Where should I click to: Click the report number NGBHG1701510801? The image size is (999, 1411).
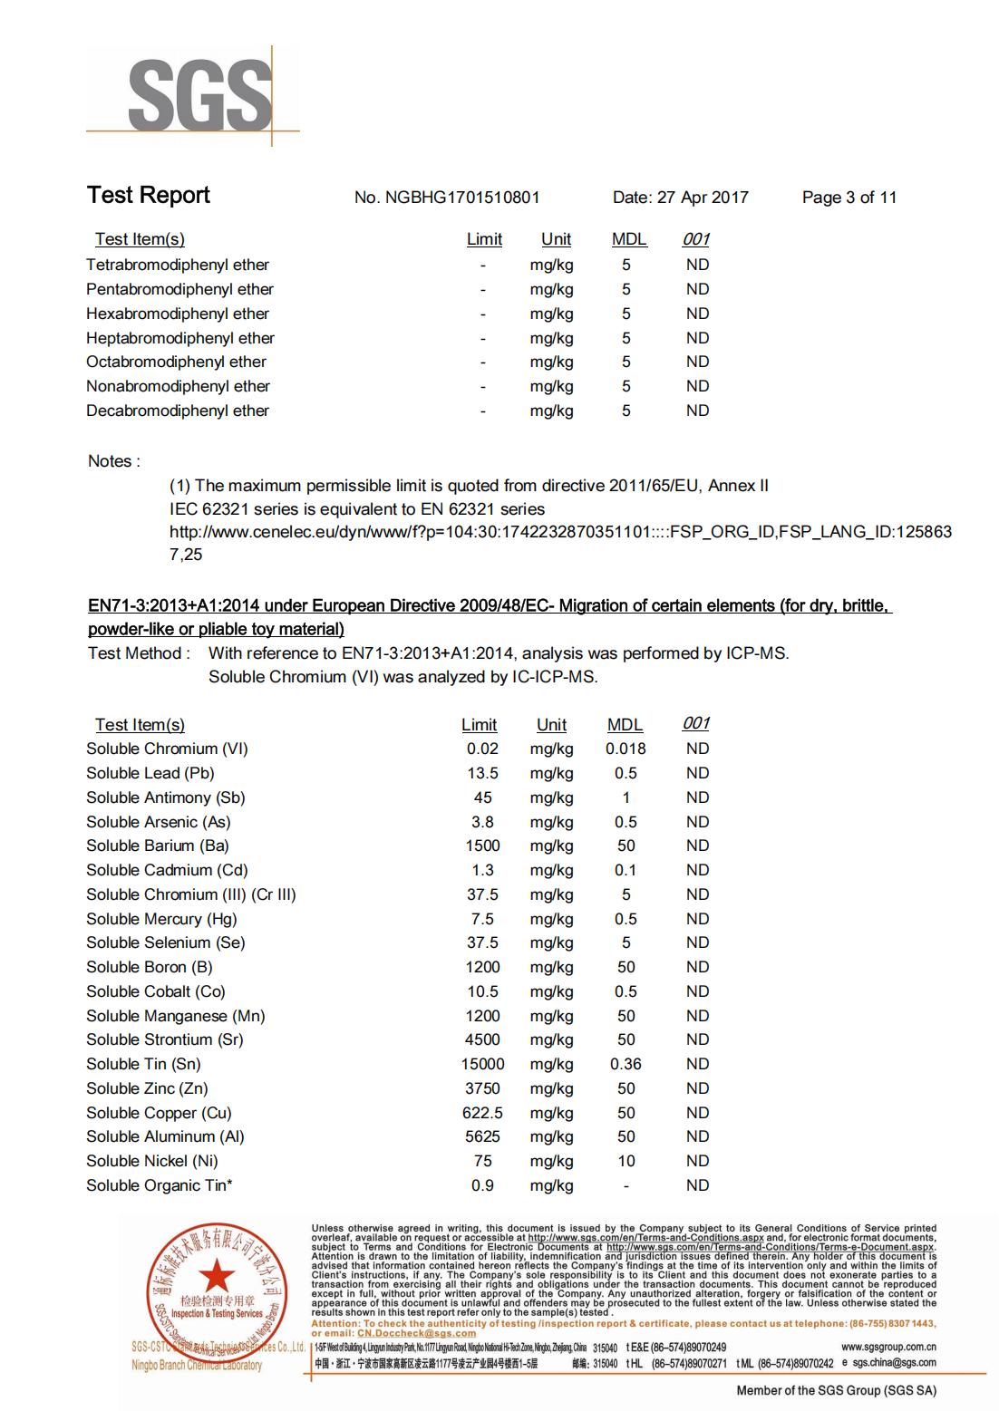(x=462, y=198)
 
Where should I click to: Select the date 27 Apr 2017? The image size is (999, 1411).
(x=703, y=198)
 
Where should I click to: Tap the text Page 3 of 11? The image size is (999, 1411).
(x=849, y=198)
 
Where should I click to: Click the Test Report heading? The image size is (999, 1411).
(x=149, y=196)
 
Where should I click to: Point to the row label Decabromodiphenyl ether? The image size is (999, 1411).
(x=178, y=411)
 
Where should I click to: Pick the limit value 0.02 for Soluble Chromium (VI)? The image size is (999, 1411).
(x=482, y=749)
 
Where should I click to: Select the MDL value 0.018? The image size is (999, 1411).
(x=626, y=749)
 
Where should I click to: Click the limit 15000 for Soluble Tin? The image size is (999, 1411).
(x=482, y=1064)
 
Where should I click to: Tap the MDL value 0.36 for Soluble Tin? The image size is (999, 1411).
(x=626, y=1064)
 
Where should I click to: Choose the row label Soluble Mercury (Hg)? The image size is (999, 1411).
(x=161, y=919)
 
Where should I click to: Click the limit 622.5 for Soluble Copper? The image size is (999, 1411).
(x=482, y=1113)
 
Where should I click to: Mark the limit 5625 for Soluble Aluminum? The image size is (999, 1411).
(x=482, y=1136)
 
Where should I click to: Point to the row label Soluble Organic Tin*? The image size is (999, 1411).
(x=160, y=1185)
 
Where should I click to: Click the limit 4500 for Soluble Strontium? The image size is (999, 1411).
(x=482, y=1039)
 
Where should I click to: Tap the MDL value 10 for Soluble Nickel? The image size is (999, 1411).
(x=626, y=1161)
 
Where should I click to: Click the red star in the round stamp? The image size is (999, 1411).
(x=216, y=1276)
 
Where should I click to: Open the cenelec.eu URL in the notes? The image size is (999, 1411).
(x=560, y=532)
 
